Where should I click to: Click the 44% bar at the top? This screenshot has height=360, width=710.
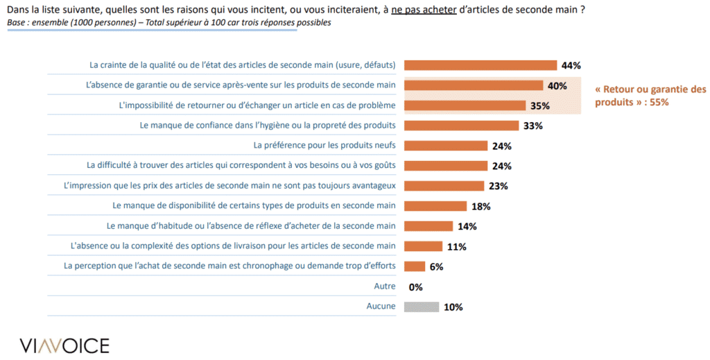click(x=480, y=65)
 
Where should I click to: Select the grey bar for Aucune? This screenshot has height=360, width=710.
click(x=421, y=307)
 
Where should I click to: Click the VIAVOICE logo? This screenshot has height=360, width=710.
click(x=64, y=345)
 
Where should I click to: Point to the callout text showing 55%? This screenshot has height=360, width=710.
click(x=650, y=96)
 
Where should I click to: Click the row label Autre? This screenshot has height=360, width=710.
click(x=384, y=286)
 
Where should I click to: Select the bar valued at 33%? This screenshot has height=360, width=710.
click(x=461, y=126)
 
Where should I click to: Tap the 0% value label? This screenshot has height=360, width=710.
click(x=416, y=286)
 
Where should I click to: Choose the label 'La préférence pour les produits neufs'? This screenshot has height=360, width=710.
click(x=324, y=146)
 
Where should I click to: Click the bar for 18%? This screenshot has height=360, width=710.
click(x=435, y=206)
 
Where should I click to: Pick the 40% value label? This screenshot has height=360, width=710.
click(x=557, y=86)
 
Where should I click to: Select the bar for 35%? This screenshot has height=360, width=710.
click(x=465, y=105)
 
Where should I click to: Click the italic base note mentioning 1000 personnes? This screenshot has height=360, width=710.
click(x=168, y=23)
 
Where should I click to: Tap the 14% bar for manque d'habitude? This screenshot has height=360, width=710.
click(x=428, y=226)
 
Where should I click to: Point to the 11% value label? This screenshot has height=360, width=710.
click(x=456, y=246)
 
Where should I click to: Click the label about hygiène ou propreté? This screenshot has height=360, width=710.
click(x=267, y=126)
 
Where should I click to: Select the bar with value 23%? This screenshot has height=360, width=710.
click(x=443, y=186)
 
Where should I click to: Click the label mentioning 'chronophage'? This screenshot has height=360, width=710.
click(x=230, y=266)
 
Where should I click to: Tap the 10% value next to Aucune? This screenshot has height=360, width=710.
click(x=453, y=307)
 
